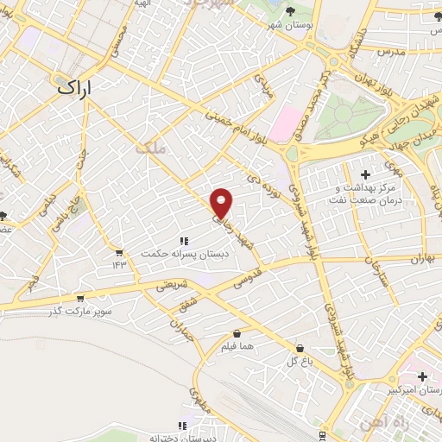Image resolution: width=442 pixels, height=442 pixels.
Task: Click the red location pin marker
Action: [222, 203]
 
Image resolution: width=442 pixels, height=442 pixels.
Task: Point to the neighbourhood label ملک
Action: [149, 148]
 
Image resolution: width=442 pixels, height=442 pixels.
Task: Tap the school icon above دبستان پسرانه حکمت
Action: [184, 240]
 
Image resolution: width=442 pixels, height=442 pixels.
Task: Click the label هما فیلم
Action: [237, 346]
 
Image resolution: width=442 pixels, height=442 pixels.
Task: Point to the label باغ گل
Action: [299, 360]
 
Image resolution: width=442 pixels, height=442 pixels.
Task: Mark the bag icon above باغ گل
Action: [299, 348]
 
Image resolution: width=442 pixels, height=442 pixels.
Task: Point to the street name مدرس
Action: [391, 53]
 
